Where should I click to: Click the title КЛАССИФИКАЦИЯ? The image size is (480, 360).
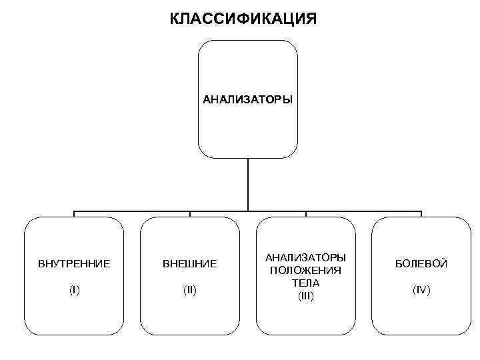pos(243,17)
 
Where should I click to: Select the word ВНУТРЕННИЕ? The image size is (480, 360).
pos(74,264)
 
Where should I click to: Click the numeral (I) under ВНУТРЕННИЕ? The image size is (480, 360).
pos(74,291)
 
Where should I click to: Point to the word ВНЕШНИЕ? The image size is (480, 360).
pos(190,264)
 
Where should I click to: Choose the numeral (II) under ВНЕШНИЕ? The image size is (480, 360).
pos(190,291)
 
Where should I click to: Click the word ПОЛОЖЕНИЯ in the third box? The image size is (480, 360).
pos(306,270)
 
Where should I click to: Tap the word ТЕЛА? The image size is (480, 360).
pos(306,282)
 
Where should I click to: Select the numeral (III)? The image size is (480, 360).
pos(306,295)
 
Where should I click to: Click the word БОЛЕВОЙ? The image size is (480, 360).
pos(422,264)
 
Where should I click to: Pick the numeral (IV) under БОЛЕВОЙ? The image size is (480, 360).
pos(422,291)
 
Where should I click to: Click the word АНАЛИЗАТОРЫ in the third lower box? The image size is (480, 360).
pos(306,257)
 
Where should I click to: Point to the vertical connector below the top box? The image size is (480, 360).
pos(248,183)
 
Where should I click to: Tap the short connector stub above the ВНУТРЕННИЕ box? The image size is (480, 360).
pos(74,214)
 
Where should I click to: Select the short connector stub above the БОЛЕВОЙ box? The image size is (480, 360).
pos(422,214)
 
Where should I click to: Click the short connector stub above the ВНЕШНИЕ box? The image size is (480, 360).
pos(190,214)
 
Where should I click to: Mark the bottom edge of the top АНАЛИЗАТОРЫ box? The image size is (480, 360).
pos(248,158)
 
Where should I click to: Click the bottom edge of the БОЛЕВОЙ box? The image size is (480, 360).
pos(422,335)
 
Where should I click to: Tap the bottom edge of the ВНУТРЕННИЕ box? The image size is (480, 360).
pos(74,335)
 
